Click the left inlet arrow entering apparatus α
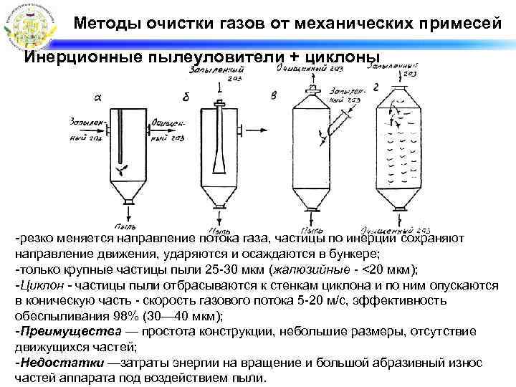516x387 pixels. tap(101, 130)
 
